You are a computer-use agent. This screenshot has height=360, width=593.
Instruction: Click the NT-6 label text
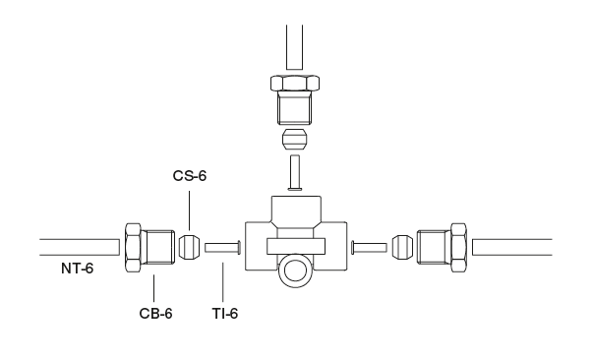75,269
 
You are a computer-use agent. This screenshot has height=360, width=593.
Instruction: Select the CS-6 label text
189,177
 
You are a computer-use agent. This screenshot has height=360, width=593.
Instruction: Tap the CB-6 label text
155,314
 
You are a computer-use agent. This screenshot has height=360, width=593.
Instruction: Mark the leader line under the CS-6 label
189,209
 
